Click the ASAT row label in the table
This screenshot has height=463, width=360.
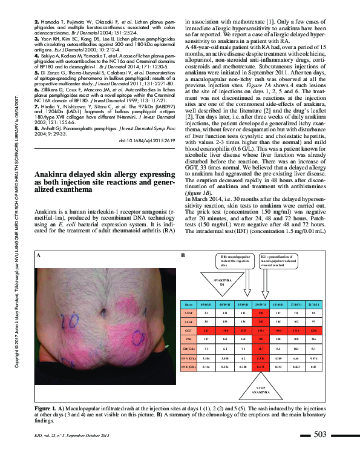coord(189,313)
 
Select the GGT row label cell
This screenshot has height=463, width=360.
coord(189,331)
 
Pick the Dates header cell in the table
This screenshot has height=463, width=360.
coord(189,304)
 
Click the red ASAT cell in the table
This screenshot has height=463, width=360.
coord(261,313)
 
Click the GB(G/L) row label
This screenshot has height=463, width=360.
coord(189,350)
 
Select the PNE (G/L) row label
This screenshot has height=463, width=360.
coord(189,367)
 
